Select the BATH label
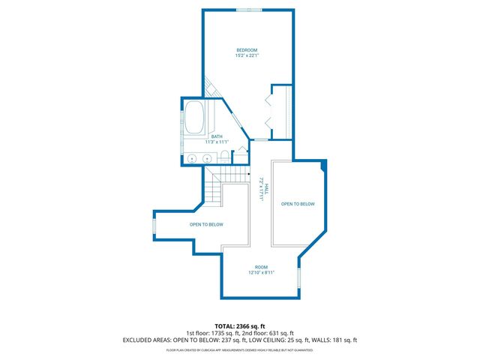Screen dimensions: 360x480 216,136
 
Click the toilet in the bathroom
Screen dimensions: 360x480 223,157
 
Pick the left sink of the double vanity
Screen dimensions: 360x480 192,159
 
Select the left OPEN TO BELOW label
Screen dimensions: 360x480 206,224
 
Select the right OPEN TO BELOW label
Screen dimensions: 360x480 298,204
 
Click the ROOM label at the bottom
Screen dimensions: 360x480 261,267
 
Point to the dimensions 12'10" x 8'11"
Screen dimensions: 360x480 261,273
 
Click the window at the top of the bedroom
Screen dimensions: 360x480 249,9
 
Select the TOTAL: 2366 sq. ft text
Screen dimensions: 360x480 239,325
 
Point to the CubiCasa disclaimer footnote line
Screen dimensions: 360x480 239,350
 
